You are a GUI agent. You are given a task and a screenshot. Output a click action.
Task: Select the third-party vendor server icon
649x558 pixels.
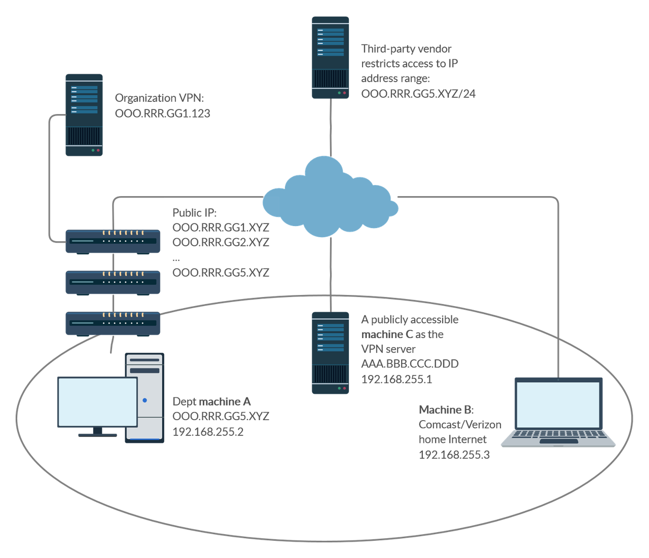(x=331, y=57)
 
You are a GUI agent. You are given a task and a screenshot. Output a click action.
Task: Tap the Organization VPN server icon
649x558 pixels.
(x=84, y=115)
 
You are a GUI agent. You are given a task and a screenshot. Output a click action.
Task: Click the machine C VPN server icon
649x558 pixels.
(x=331, y=352)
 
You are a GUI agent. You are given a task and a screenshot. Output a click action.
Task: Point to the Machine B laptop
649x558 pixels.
(x=559, y=413)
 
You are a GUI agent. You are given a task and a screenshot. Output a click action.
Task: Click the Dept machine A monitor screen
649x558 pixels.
(x=97, y=402)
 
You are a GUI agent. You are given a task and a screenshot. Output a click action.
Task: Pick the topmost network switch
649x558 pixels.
(x=113, y=241)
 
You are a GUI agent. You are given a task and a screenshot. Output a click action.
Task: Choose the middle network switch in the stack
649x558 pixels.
(x=113, y=282)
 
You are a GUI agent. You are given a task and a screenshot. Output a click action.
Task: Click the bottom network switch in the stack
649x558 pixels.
(x=113, y=323)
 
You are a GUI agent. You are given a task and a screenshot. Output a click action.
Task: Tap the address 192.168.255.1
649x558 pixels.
(x=396, y=379)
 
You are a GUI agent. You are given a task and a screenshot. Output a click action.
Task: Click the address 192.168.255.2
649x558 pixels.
(x=208, y=431)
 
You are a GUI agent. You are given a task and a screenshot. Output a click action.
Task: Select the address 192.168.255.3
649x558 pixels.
(x=454, y=455)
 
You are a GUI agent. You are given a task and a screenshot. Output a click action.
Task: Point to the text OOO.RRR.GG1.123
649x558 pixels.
(x=162, y=113)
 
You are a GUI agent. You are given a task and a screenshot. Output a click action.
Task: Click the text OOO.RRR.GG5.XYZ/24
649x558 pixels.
(x=418, y=93)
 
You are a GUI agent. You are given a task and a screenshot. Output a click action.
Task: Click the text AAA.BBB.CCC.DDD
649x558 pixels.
(x=410, y=364)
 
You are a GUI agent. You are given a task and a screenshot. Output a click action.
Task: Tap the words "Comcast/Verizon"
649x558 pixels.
(x=460, y=424)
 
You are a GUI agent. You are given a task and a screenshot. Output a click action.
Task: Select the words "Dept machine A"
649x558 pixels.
(x=211, y=401)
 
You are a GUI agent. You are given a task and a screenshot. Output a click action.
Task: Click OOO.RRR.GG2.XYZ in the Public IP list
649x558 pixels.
(x=221, y=242)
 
